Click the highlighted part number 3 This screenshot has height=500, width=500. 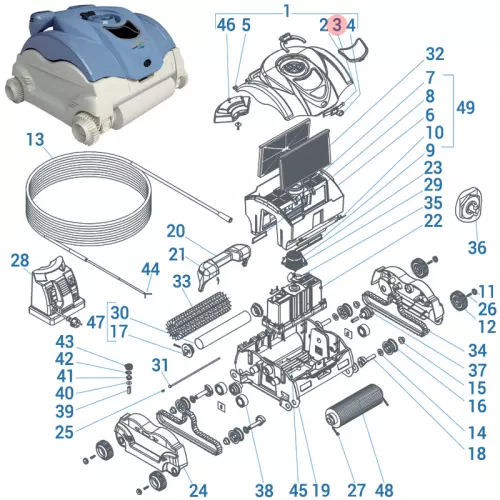click(337, 24)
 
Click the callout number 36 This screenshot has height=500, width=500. click(477, 246)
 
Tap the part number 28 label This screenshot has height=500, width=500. click(20, 261)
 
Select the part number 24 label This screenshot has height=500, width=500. click(198, 490)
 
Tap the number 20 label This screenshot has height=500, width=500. click(176, 230)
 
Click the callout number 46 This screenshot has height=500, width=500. click(226, 24)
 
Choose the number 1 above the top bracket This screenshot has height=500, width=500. click(286, 9)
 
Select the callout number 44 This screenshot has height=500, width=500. click(150, 269)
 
